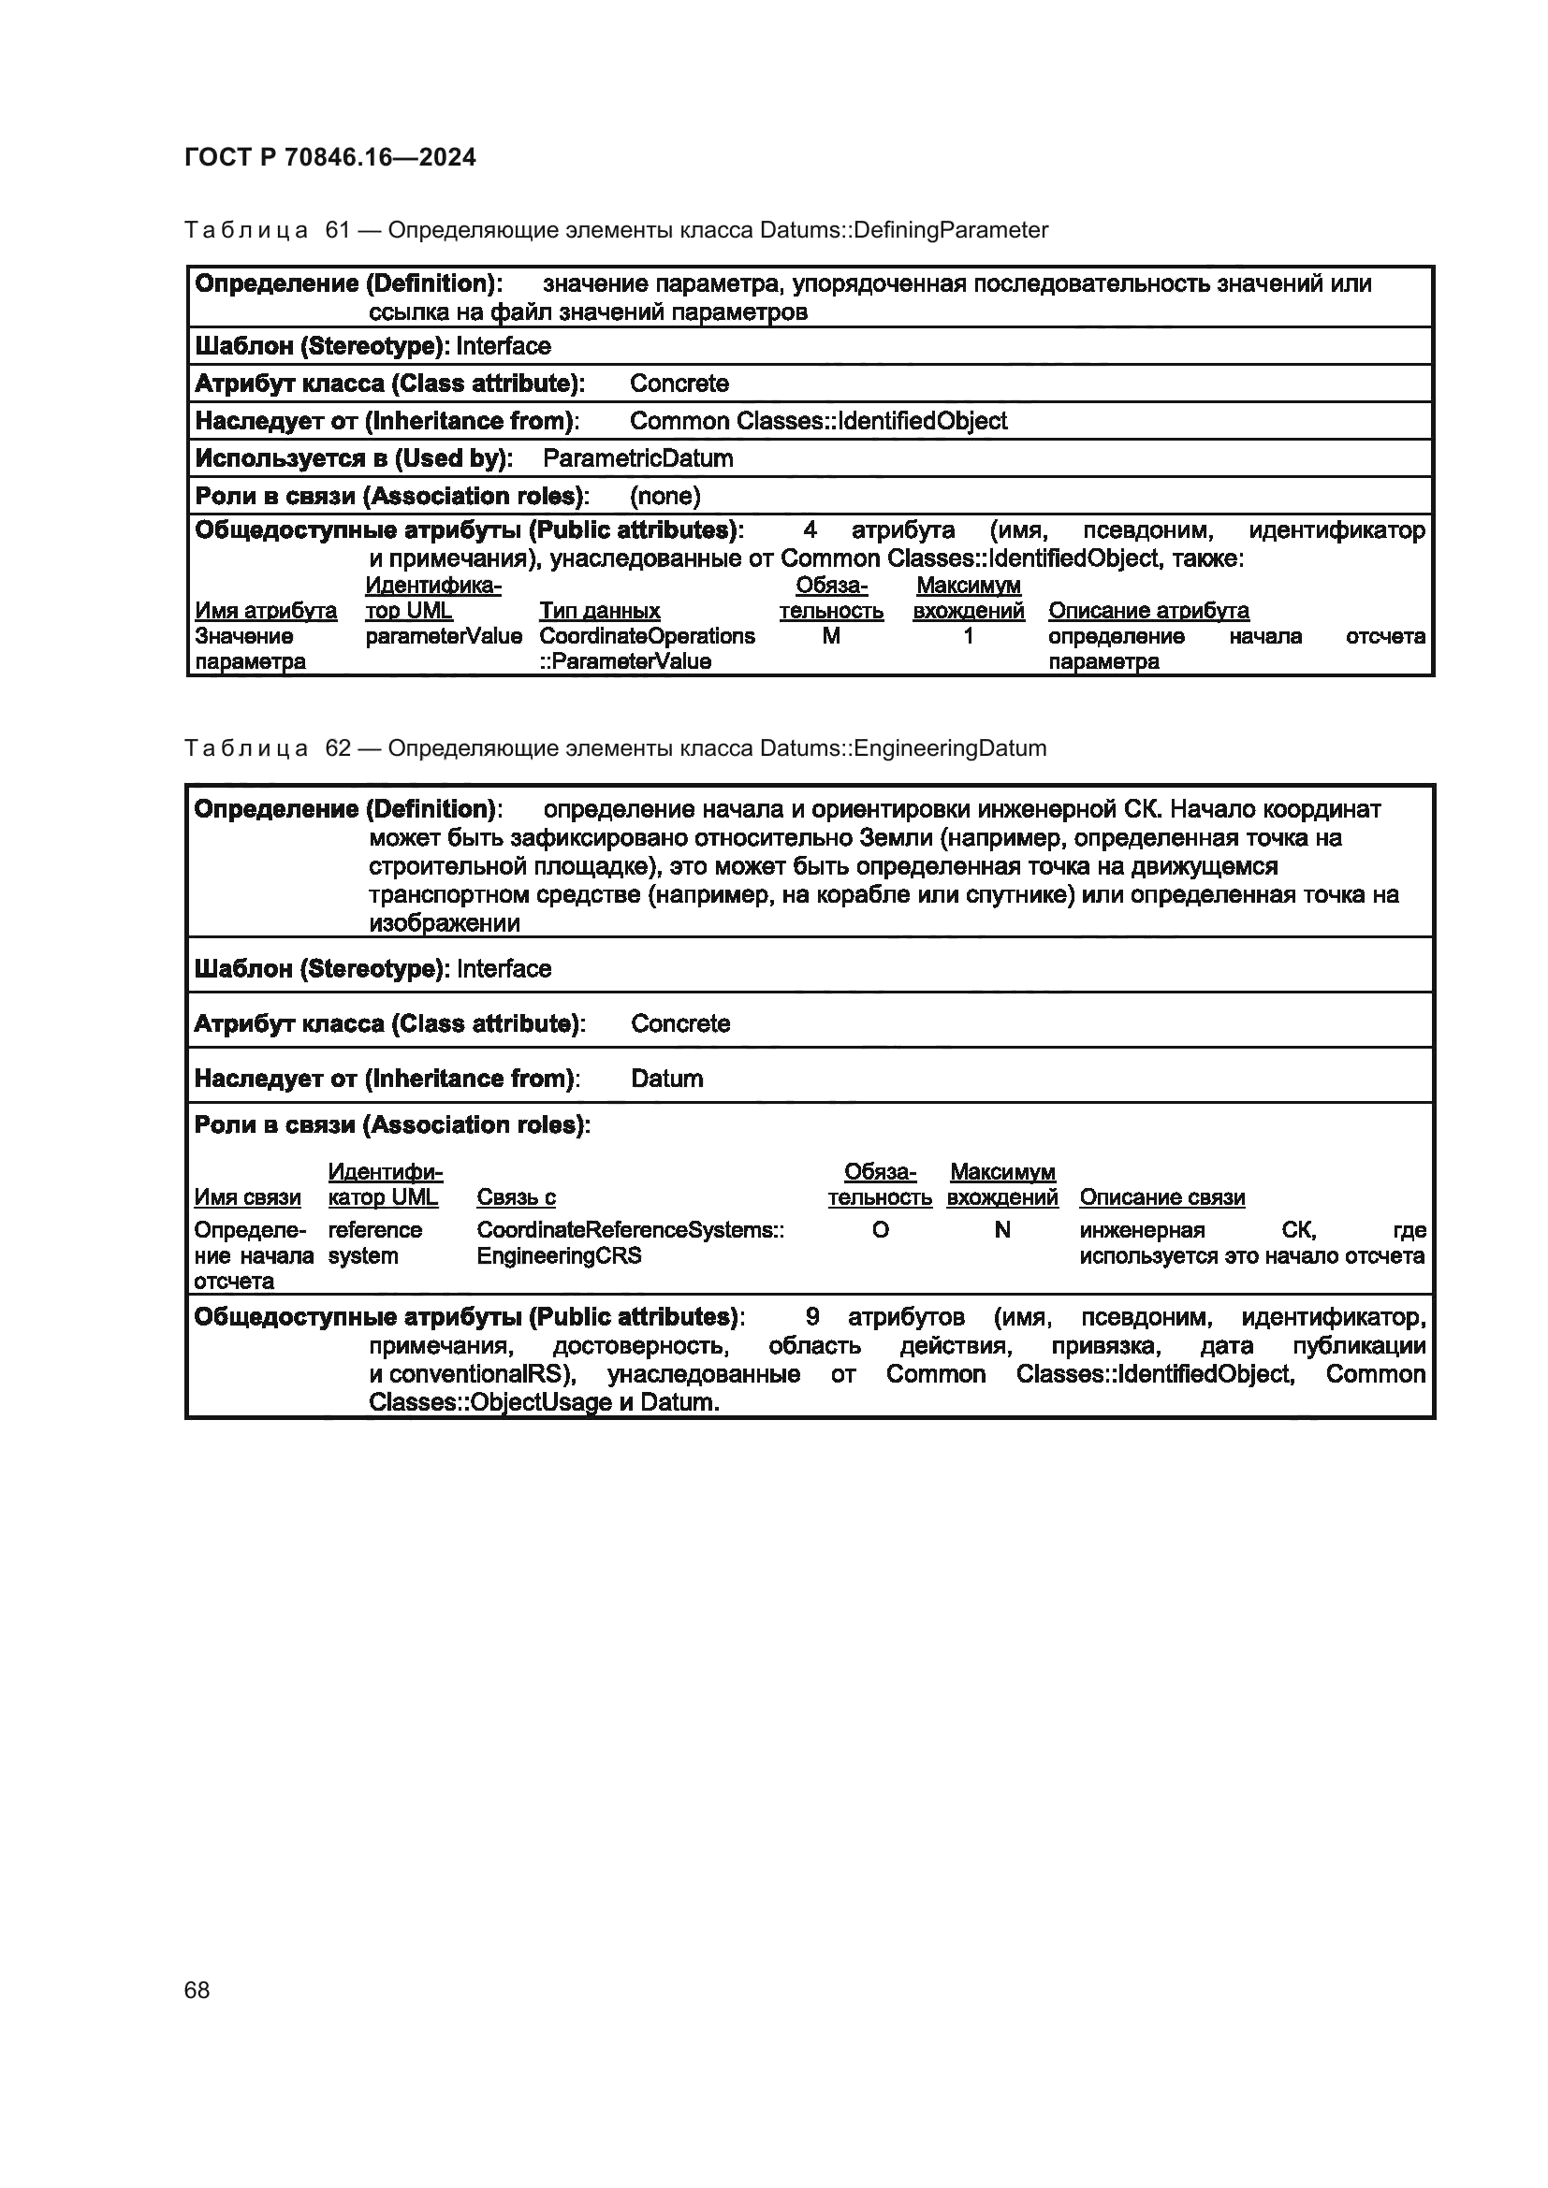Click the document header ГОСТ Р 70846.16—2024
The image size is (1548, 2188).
(x=329, y=157)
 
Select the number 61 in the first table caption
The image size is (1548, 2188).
(x=339, y=230)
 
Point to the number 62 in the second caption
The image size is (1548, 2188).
(x=339, y=748)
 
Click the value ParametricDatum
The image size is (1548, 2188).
(x=637, y=458)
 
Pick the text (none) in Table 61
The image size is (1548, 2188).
(x=665, y=496)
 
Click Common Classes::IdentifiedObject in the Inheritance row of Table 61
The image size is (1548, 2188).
(x=818, y=420)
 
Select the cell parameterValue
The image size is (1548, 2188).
(x=444, y=635)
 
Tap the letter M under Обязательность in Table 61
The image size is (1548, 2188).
(x=831, y=635)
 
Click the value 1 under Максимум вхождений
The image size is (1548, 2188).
(x=969, y=635)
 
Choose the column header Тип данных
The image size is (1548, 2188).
(x=600, y=611)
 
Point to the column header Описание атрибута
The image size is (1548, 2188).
(x=1148, y=611)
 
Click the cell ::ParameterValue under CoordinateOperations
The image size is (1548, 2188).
(x=625, y=661)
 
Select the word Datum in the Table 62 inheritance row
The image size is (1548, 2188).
(x=667, y=1079)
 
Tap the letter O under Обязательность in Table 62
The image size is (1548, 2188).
(x=880, y=1230)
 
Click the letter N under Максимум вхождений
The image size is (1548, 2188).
(x=1001, y=1230)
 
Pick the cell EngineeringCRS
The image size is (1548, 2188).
(x=559, y=1256)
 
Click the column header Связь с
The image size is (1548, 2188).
(x=516, y=1198)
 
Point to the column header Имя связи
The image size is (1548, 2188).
(x=247, y=1198)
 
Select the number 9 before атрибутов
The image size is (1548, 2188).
(x=812, y=1317)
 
